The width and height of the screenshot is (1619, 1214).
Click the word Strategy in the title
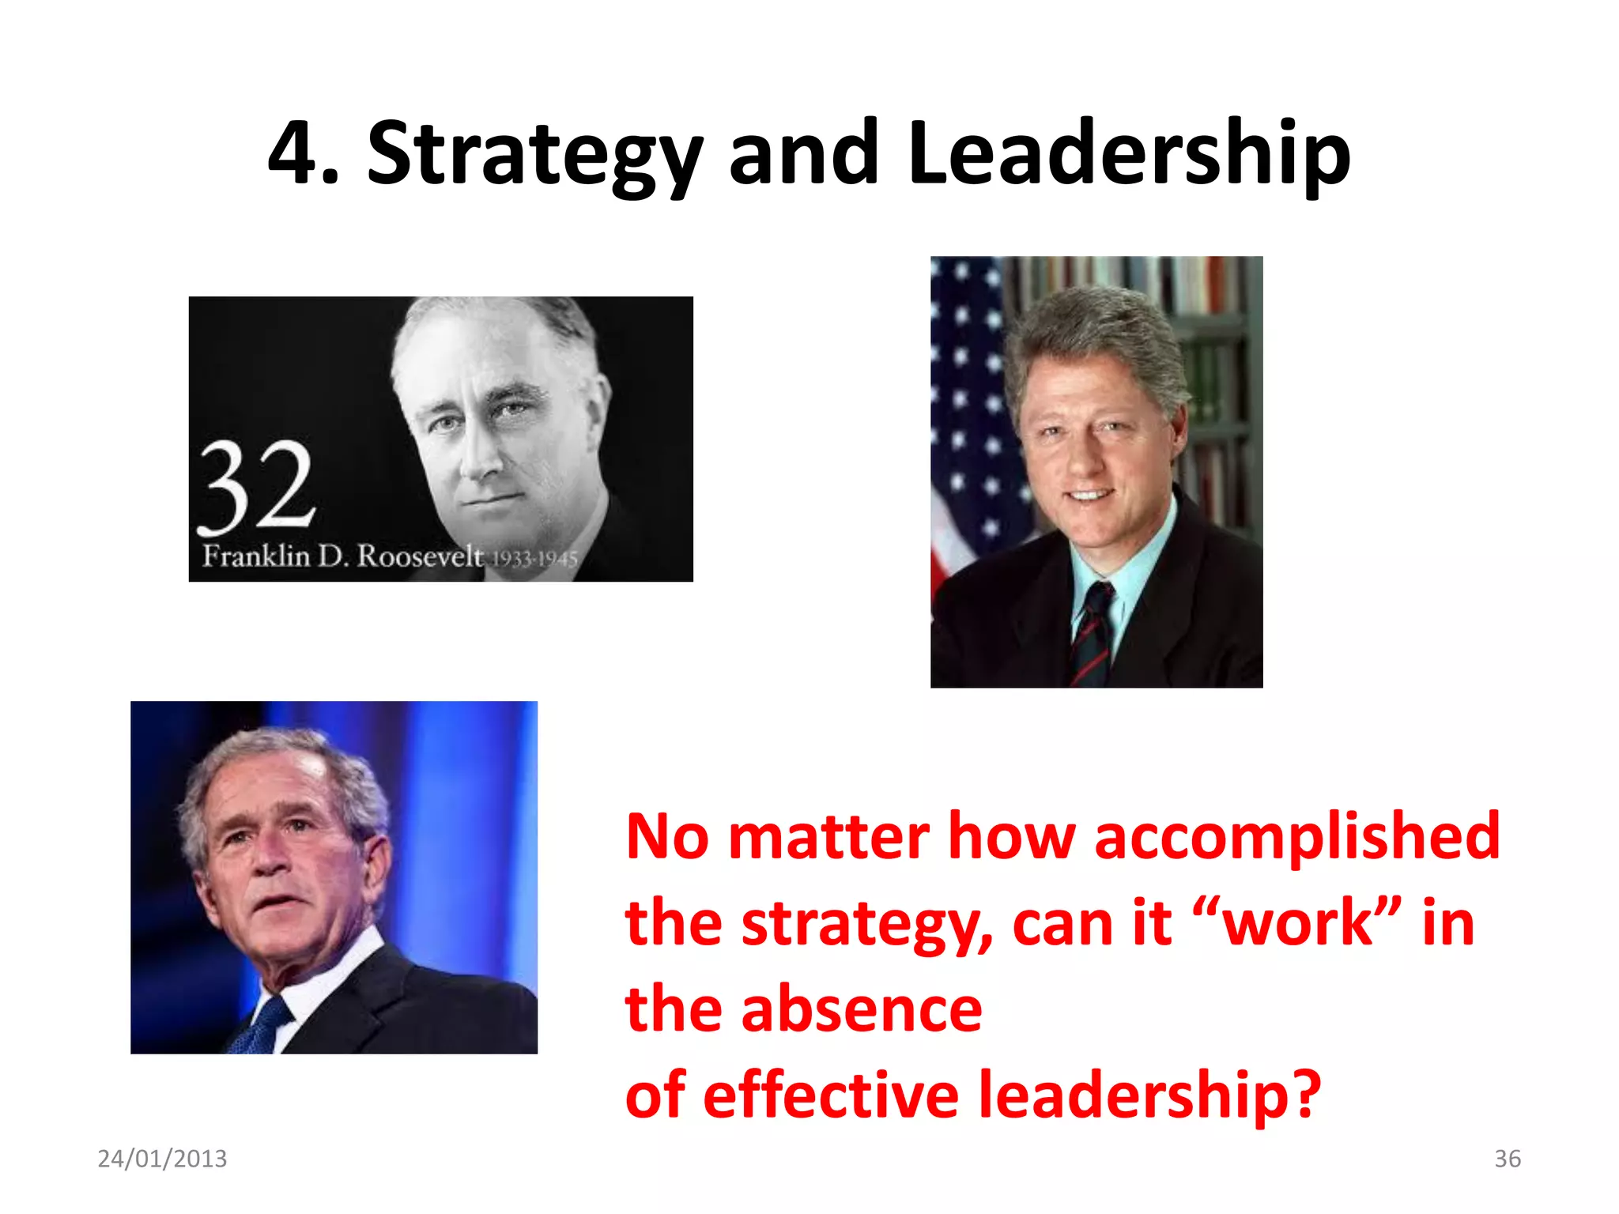(x=534, y=154)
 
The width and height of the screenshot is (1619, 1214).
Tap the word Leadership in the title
(x=1129, y=154)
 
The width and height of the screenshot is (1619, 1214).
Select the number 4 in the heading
(x=294, y=154)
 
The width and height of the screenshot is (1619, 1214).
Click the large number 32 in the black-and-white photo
(x=257, y=486)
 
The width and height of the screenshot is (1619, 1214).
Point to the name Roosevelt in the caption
(x=420, y=556)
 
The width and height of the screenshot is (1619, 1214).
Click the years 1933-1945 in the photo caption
(x=535, y=559)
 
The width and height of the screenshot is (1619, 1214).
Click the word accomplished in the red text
(x=1296, y=836)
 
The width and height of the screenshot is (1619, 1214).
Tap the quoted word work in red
(x=1296, y=923)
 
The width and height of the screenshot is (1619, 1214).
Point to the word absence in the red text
(x=862, y=1009)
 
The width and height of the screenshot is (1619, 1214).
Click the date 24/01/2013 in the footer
(x=162, y=1159)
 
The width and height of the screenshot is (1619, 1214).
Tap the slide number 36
(x=1507, y=1159)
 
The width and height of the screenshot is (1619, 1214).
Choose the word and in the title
(x=803, y=154)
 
